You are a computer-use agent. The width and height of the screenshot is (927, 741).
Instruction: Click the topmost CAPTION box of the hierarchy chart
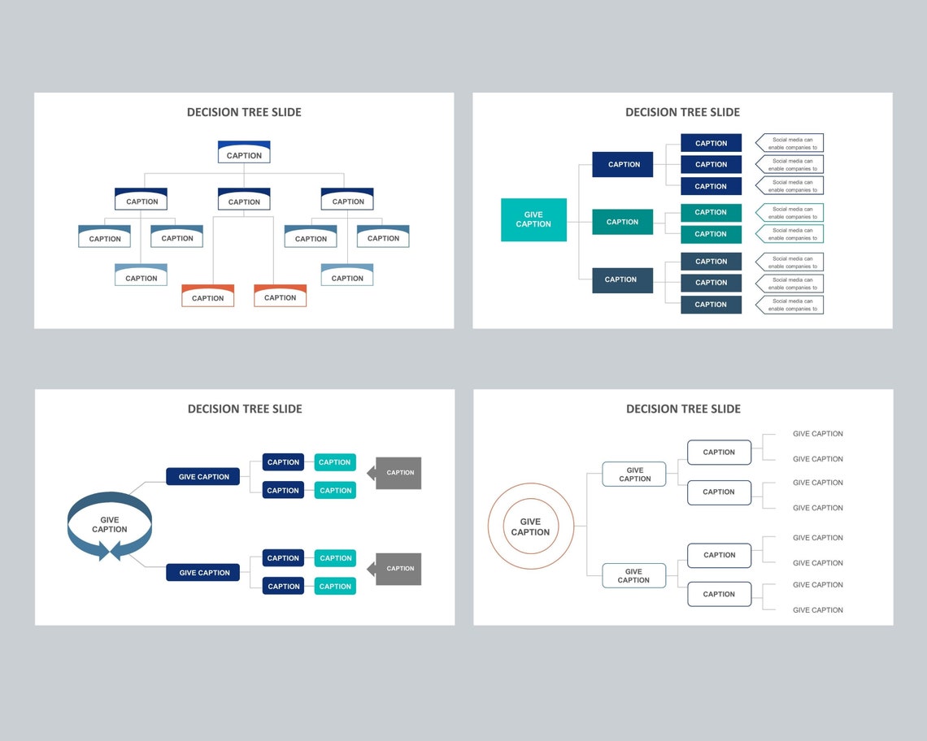(244, 153)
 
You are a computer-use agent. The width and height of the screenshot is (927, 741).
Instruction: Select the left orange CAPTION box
(207, 297)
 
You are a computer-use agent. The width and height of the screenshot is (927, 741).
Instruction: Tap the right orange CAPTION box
(280, 297)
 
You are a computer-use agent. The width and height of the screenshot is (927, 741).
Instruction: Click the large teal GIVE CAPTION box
(533, 219)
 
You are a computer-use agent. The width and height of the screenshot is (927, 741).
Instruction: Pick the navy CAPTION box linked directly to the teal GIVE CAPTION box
(623, 164)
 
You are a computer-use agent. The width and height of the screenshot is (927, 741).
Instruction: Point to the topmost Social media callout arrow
(790, 143)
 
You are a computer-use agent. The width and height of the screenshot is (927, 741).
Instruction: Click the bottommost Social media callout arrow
(790, 305)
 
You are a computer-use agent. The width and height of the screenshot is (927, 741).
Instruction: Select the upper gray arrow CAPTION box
(398, 473)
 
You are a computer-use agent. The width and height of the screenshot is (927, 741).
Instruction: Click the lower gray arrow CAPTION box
(398, 569)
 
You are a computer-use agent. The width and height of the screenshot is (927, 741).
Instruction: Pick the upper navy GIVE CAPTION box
(203, 477)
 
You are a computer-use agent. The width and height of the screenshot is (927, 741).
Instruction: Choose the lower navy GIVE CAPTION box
(203, 573)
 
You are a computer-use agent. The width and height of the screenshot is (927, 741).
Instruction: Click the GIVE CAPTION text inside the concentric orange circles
(530, 526)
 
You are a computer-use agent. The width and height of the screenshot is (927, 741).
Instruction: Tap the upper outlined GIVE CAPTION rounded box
(634, 474)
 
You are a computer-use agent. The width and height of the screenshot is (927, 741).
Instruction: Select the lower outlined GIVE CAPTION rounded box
(633, 575)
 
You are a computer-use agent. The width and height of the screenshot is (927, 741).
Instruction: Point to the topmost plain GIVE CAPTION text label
(817, 434)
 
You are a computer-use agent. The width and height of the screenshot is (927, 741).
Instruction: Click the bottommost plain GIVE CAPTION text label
(817, 610)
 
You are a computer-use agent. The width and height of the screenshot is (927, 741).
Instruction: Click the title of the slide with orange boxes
(244, 112)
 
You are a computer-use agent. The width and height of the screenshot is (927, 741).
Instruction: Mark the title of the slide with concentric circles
(683, 409)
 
